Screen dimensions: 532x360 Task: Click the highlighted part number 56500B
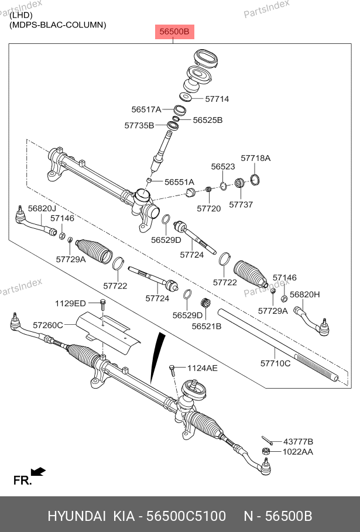tap(174, 32)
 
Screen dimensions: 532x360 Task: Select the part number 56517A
tap(146, 109)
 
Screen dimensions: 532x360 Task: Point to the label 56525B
tap(208, 120)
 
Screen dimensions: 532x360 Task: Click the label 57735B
tap(139, 125)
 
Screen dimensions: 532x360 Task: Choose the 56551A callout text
tap(179, 182)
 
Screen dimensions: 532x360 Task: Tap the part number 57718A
tap(256, 159)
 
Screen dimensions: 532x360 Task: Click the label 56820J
tap(42, 209)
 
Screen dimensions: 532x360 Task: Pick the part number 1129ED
tap(70, 303)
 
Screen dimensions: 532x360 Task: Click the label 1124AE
tap(202, 368)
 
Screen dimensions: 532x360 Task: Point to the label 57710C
tap(275, 363)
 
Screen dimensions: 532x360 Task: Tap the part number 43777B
tap(298, 441)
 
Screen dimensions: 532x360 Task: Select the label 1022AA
tap(298, 452)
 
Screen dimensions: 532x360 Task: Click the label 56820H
tap(305, 294)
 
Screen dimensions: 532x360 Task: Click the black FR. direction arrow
tap(39, 472)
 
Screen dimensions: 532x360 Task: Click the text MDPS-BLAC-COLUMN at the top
tap(57, 25)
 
